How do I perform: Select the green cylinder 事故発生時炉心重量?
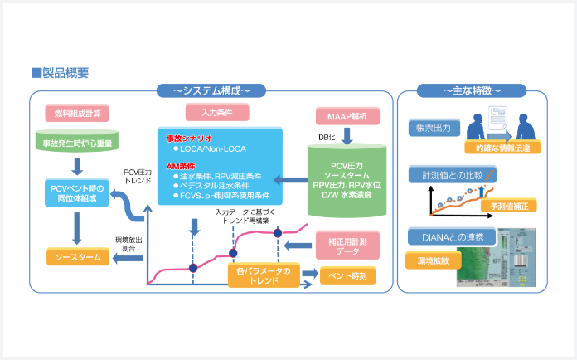(x=80, y=142)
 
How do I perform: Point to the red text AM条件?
(x=180, y=167)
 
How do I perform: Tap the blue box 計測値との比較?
(x=452, y=175)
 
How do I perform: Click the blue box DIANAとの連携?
(x=453, y=237)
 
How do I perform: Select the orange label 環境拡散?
(x=429, y=261)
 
